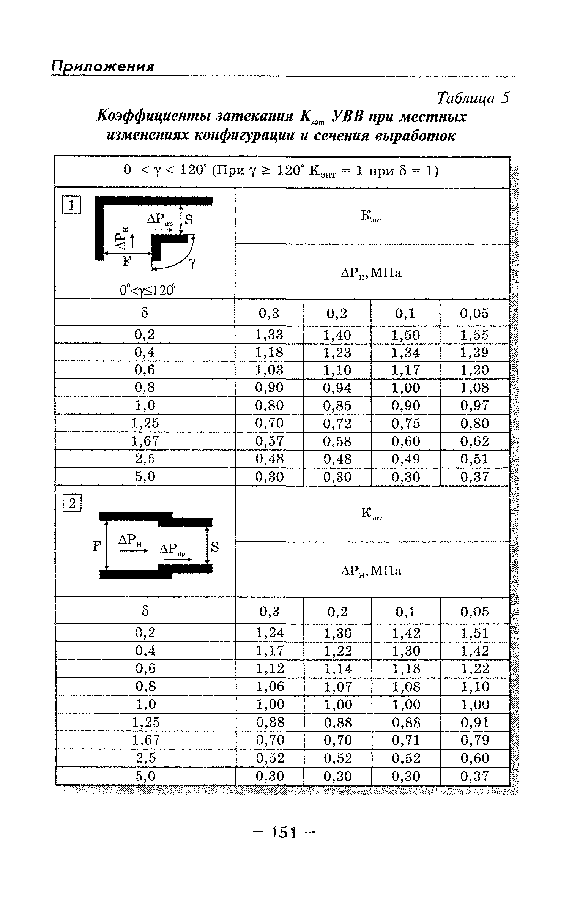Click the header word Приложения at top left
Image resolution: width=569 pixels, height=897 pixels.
[x=102, y=66]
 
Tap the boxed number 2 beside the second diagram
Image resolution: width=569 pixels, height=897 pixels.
[x=72, y=504]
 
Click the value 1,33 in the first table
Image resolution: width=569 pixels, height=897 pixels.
[x=269, y=335]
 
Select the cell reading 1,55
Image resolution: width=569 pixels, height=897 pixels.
[x=474, y=335]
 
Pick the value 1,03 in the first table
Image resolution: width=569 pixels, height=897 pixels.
[x=269, y=370]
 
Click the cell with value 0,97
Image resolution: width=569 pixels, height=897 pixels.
[x=474, y=405]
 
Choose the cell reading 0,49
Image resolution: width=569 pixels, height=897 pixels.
[x=406, y=459]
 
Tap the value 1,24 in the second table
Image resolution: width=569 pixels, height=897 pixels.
[x=270, y=632]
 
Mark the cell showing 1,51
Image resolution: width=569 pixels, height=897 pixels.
[x=475, y=632]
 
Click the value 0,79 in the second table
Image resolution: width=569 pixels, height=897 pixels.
[x=475, y=740]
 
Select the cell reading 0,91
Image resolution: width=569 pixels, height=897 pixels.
[x=475, y=722]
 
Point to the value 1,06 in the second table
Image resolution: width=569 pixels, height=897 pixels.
[x=270, y=686]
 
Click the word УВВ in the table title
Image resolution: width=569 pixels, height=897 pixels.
[x=348, y=117]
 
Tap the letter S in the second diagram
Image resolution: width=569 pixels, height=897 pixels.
[x=215, y=547]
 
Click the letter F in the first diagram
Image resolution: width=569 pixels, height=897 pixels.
[x=126, y=262]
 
